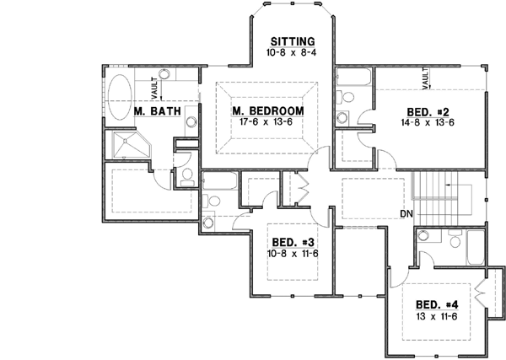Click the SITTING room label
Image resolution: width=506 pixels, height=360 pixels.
[x=292, y=40]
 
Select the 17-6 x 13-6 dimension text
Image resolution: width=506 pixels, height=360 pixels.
[x=266, y=122]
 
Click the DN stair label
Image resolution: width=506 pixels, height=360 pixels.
[x=406, y=215]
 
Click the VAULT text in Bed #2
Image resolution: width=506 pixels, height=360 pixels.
[x=426, y=79]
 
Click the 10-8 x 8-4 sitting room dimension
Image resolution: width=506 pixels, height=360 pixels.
[x=292, y=52]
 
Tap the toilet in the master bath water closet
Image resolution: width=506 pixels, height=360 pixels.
[x=186, y=175]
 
